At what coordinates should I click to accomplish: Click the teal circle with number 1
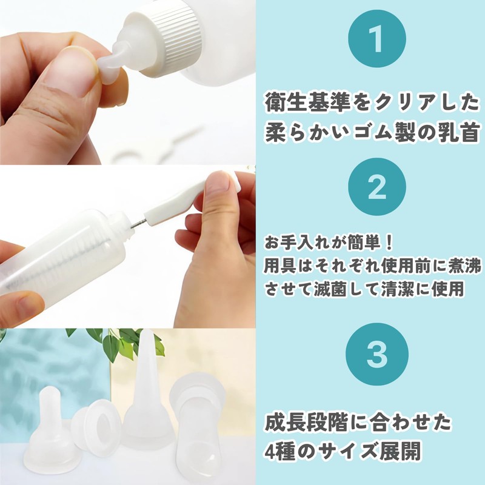(x=376, y=39)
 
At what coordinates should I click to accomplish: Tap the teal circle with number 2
(x=376, y=187)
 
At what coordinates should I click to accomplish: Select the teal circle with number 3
(x=376, y=354)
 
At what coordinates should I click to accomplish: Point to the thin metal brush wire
(x=138, y=223)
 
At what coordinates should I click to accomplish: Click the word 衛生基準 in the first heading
(x=308, y=103)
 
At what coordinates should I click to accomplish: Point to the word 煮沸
(x=464, y=267)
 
